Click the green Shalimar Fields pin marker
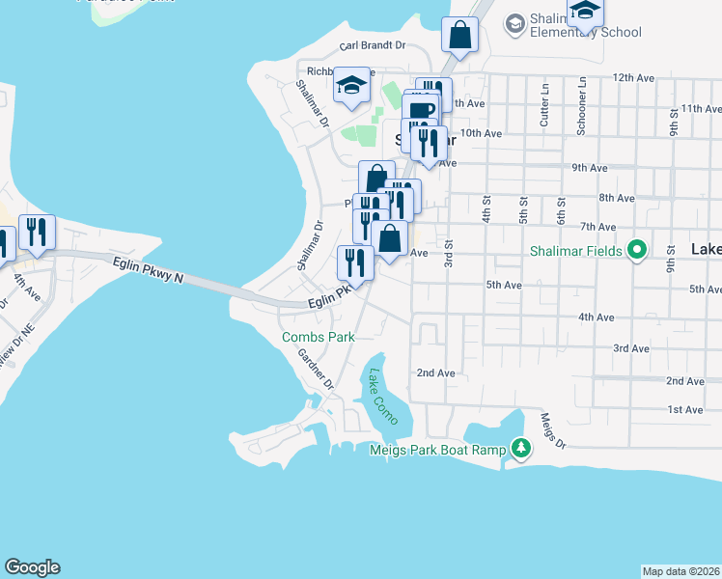[x=636, y=251]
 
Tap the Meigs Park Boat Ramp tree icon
[x=521, y=448]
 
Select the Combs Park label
[x=319, y=337]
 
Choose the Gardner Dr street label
[x=316, y=370]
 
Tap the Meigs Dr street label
[x=551, y=430]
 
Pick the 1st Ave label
[x=685, y=410]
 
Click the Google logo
[x=32, y=566]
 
